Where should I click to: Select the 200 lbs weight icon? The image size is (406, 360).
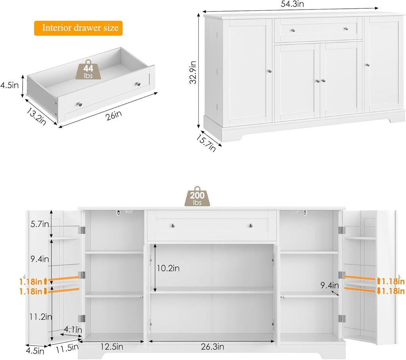197,196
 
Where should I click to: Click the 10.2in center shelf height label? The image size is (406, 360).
169,268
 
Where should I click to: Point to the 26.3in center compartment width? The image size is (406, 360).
210,347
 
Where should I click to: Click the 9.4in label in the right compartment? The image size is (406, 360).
329,285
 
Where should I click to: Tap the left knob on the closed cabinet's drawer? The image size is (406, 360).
294,30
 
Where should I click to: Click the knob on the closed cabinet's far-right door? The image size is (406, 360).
368,65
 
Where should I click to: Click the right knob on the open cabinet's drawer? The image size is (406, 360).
251,225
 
